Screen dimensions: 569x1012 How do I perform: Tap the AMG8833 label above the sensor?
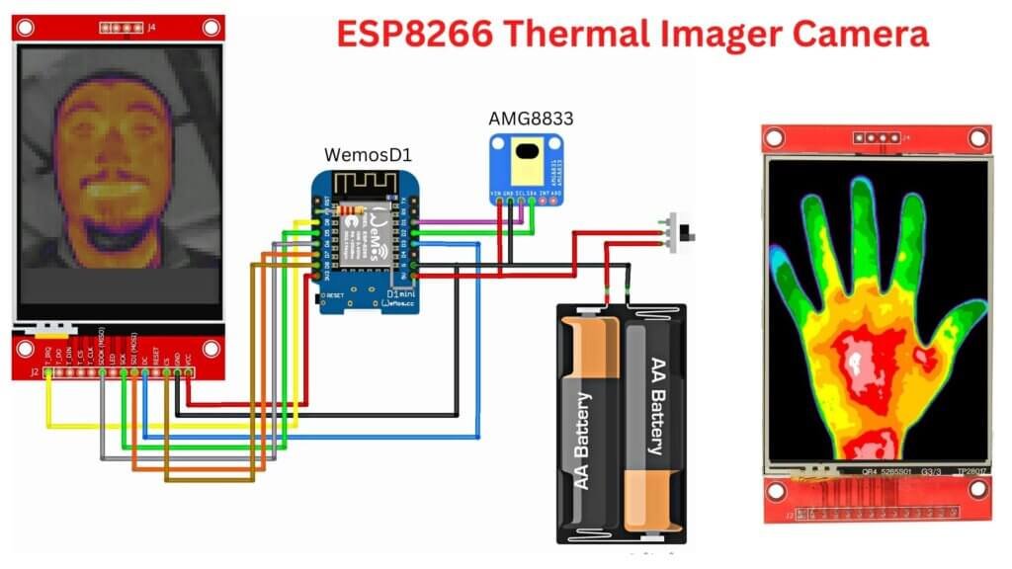[531, 119]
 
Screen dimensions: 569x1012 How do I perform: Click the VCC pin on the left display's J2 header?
[189, 373]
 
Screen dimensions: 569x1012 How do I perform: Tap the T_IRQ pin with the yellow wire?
[47, 373]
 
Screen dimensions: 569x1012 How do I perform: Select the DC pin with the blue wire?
[144, 373]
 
